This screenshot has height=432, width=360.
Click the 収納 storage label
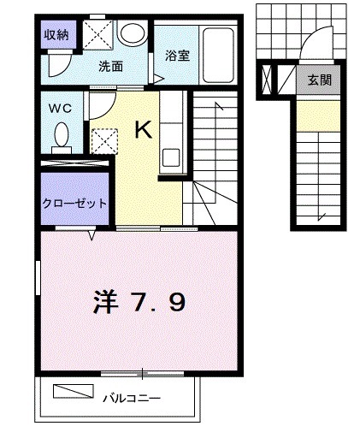click(x=56, y=36)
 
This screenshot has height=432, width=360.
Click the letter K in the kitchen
click(x=142, y=130)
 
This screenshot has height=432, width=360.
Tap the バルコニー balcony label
click(x=133, y=397)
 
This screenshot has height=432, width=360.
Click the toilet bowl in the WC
click(x=61, y=135)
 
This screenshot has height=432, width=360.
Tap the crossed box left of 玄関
click(x=267, y=80)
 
